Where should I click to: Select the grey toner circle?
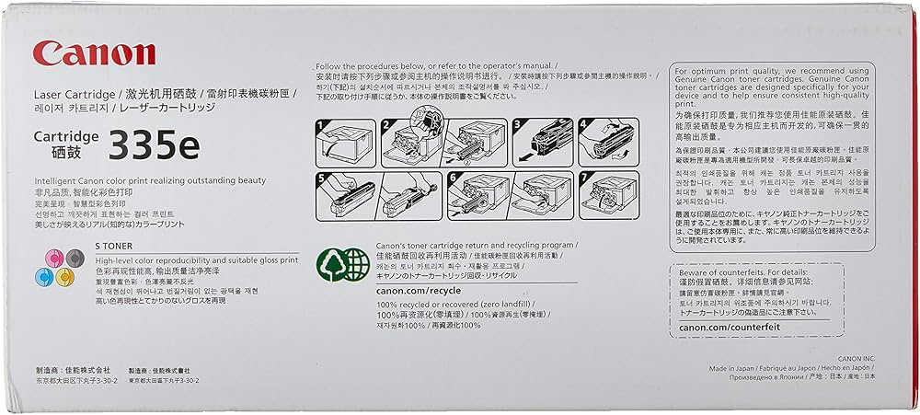(x=64, y=257)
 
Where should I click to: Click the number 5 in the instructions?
(x=321, y=175)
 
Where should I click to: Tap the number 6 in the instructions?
(x=454, y=175)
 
